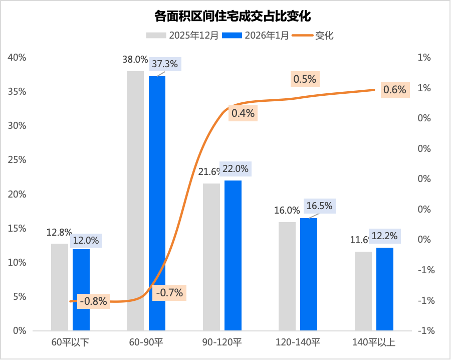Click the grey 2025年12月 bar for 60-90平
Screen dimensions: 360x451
click(x=135, y=201)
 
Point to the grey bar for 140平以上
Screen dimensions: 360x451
click(x=363, y=291)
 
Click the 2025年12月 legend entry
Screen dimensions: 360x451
click(x=182, y=35)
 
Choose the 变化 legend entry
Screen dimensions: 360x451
click(x=318, y=35)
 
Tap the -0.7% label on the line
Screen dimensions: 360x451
click(x=169, y=292)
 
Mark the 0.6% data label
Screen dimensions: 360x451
click(x=394, y=90)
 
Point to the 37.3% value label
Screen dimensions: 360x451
click(x=164, y=64)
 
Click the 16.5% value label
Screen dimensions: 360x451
click(x=319, y=206)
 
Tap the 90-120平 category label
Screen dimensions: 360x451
click(x=221, y=343)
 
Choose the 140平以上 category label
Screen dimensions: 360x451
click(x=374, y=343)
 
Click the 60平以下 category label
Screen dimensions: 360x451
click(x=70, y=343)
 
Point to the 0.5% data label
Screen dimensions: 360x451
click(x=305, y=79)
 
